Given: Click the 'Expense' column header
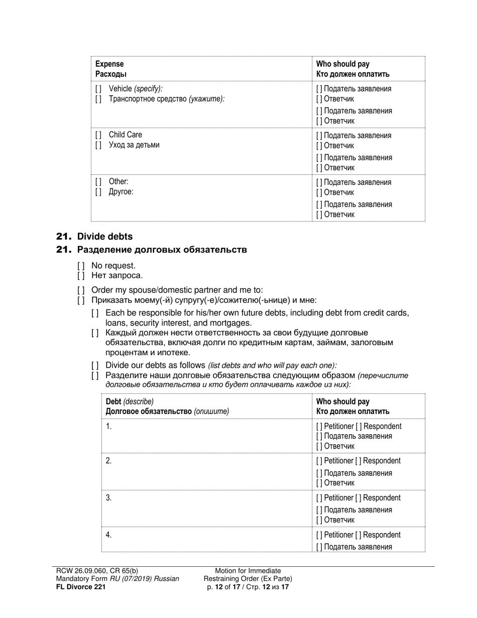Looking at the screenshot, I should pos(109,64).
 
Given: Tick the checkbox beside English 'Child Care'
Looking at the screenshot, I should pos(98,135).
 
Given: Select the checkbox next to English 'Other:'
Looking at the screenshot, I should pos(98,181).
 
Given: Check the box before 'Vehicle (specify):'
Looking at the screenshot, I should pos(98,88).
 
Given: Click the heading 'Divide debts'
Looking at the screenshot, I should pos(105,236).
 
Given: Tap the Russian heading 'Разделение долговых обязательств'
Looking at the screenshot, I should pos(162,250).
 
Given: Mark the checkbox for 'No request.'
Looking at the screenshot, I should pos(81,266).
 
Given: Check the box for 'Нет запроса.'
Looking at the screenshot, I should pos(81,275).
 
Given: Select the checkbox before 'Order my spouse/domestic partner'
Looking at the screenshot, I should pos(81,290).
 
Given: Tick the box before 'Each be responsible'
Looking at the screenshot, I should pos(95,313).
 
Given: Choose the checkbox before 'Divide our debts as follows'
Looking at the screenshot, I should pos(95,365).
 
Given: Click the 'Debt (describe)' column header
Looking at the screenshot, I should pos(130,401).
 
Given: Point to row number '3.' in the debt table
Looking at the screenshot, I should pos(108,498).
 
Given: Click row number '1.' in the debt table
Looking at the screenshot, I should pos(108,427).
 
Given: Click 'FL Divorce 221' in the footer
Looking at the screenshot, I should pos(81,586).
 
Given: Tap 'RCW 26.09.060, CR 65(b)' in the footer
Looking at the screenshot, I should pos(97,571).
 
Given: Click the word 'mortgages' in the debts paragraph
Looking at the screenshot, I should pos(231,323).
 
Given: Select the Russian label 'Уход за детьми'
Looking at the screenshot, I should pos(134,145).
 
